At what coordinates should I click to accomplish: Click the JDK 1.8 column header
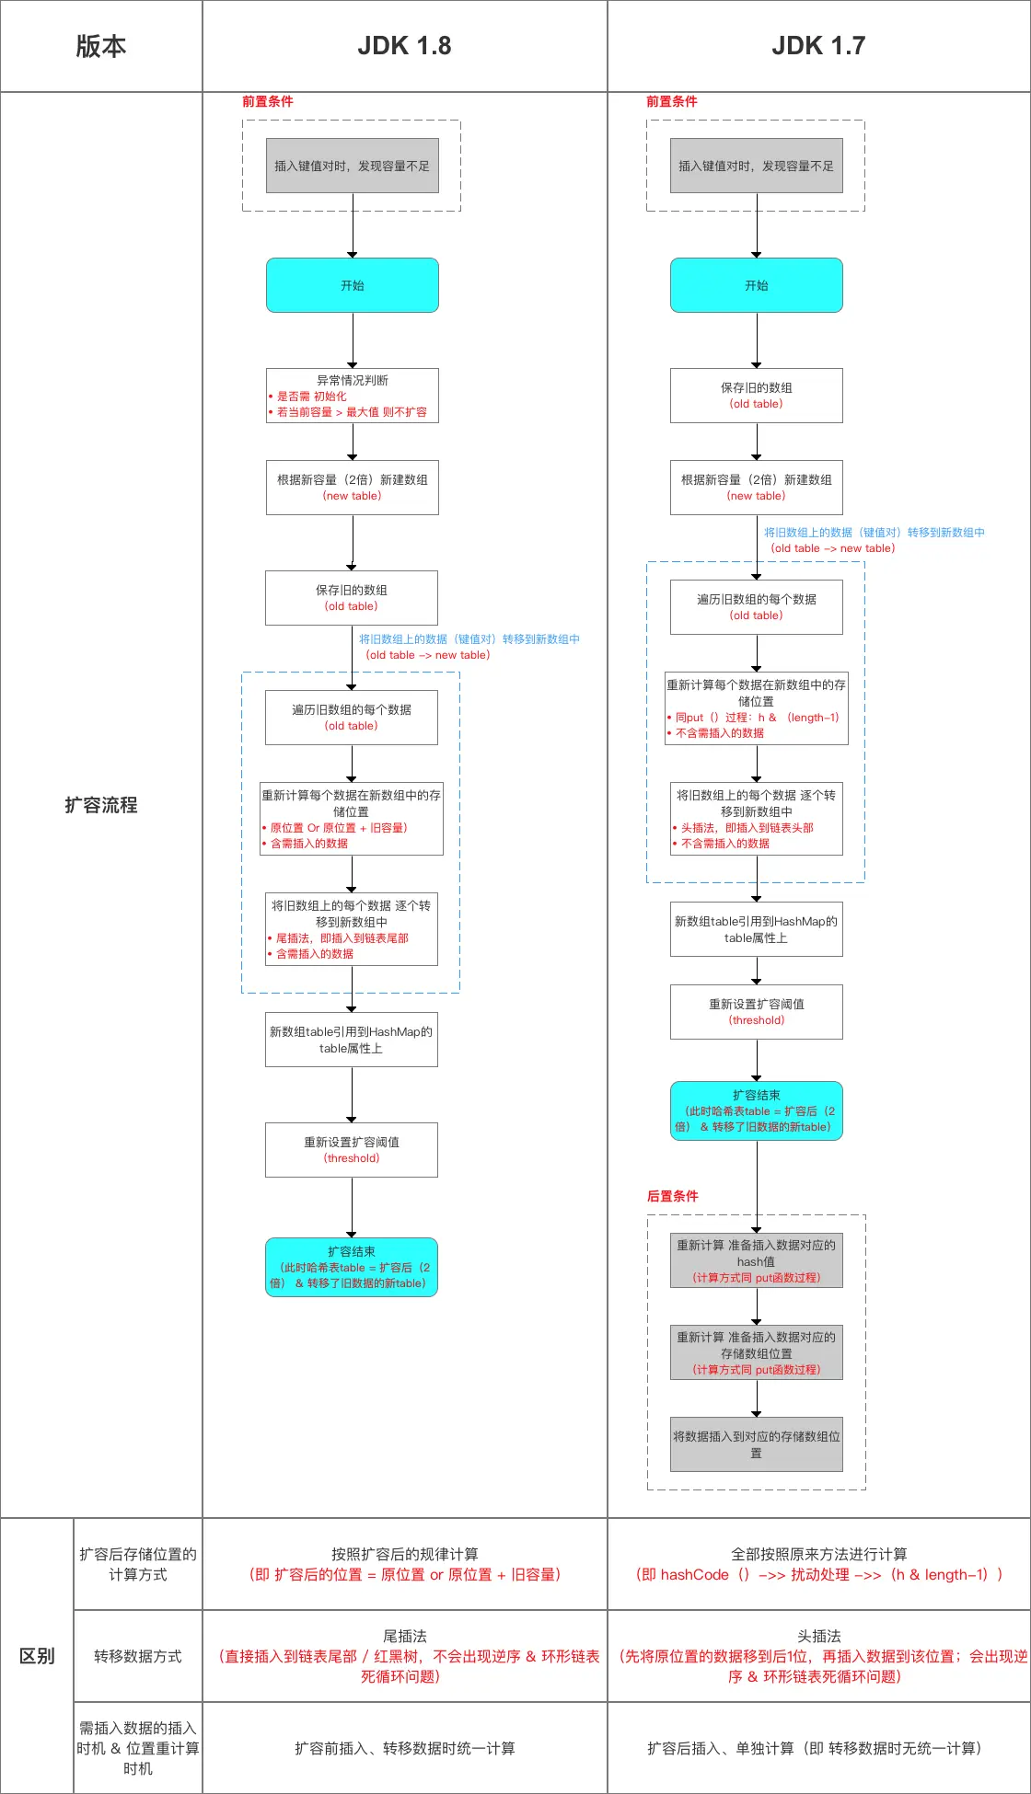point(404,46)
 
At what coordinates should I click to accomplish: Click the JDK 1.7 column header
point(818,46)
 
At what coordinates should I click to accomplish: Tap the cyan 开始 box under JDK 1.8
point(352,285)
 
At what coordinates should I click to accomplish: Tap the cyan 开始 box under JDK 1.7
point(756,285)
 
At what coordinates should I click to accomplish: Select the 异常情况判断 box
point(352,396)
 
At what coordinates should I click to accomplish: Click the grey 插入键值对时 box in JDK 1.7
point(756,166)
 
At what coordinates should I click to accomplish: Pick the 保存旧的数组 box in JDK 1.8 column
point(351,598)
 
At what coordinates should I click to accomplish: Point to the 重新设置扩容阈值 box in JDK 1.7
point(756,1012)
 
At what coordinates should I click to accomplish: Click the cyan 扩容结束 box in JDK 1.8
point(351,1267)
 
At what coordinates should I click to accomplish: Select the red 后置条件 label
point(672,1196)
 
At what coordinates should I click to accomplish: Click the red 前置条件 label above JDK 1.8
point(267,101)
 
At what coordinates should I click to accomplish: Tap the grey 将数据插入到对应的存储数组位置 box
point(756,1444)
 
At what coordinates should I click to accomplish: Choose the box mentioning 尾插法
point(351,929)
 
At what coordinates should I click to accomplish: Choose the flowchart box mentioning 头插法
point(756,819)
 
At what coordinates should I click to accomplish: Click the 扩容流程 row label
point(101,805)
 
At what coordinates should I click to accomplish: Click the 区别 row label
point(37,1656)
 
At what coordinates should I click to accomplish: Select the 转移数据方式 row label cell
point(137,1656)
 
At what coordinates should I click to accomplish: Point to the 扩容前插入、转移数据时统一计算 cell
point(404,1748)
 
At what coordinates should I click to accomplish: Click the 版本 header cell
point(101,46)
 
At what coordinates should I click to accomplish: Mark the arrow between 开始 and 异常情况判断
point(353,340)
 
